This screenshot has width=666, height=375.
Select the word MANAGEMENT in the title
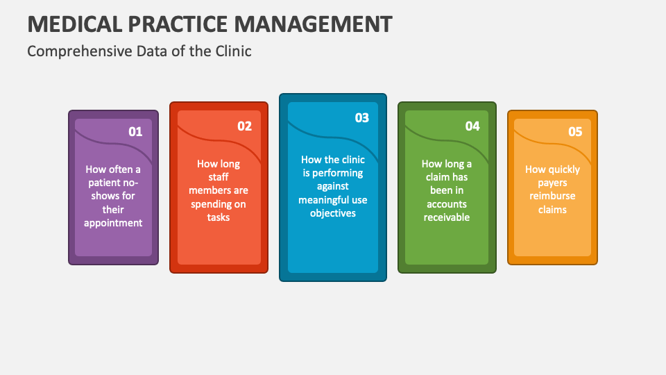click(313, 24)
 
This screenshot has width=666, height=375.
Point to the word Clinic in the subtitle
click(233, 51)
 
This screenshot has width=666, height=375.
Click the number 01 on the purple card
click(135, 131)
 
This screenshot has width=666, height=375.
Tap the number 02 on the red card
click(244, 126)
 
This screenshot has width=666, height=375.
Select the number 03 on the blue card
click(362, 117)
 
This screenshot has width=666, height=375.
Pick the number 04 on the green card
click(472, 126)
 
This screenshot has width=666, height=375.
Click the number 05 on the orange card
click(575, 131)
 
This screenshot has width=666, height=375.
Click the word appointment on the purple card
click(113, 223)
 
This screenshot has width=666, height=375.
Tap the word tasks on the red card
click(219, 217)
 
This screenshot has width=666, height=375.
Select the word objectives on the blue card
click(333, 213)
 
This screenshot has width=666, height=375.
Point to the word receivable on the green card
click(447, 217)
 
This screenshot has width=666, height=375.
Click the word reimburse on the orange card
click(553, 196)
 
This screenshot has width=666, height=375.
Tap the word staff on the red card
click(219, 177)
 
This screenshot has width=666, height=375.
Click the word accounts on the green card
click(447, 204)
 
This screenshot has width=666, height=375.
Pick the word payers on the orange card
click(552, 183)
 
